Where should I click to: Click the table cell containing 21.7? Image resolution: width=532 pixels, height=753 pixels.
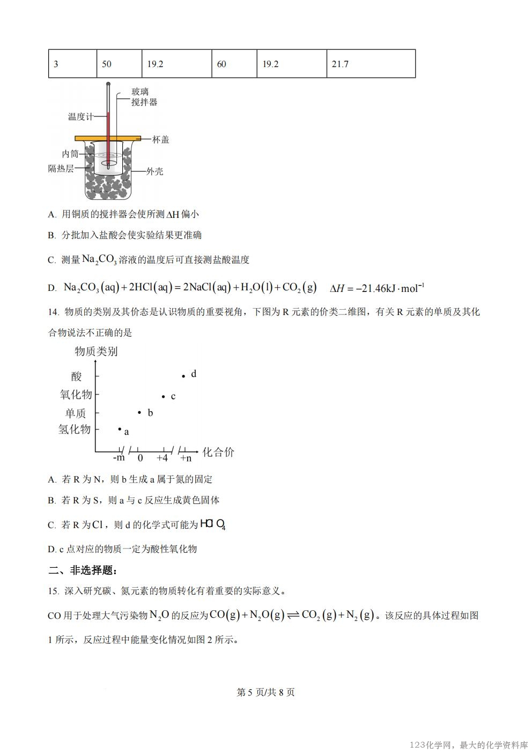tap(371, 64)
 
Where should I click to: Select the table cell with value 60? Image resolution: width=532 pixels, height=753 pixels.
tap(234, 64)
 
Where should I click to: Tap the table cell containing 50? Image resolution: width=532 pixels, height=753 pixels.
tap(119, 64)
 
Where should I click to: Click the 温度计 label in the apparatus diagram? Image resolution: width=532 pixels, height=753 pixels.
tap(80, 116)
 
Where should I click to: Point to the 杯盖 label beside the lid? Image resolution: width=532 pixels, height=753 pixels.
tap(161, 140)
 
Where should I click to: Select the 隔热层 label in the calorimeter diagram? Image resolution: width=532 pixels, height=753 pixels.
tap(61, 169)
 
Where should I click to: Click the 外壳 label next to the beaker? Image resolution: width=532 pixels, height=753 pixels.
tap(155, 172)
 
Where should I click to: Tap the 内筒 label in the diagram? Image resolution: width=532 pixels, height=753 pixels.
tap(70, 154)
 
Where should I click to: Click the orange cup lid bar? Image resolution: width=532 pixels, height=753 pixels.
tap(108, 138)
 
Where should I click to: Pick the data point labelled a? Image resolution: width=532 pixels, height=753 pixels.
tap(120, 429)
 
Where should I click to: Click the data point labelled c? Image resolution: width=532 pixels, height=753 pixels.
tap(164, 397)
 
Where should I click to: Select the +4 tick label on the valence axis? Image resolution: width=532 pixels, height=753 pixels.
tap(162, 458)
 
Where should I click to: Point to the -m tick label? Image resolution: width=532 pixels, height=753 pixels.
tap(119, 458)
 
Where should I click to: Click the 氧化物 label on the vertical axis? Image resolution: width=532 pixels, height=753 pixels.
tap(76, 395)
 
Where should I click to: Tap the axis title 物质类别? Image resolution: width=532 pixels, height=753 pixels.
tap(96, 352)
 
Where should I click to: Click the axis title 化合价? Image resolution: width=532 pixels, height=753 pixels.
tap(218, 452)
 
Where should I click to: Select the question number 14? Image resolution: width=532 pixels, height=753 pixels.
tap(53, 312)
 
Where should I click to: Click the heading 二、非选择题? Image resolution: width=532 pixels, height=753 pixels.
tap(82, 570)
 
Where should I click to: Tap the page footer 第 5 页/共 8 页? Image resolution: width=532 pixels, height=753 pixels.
tap(265, 692)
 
